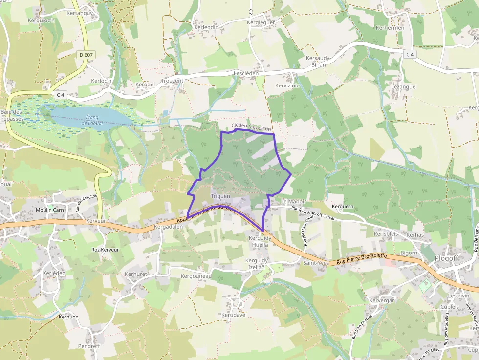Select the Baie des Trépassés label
[x=13, y=115]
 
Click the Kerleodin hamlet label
[x=206, y=27]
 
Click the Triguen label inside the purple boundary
[x=220, y=196]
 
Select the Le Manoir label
[x=293, y=201]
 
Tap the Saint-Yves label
[x=316, y=263]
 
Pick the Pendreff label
[x=88, y=346]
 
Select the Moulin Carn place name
[x=50, y=210]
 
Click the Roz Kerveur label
[x=105, y=249]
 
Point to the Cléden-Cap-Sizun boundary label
[x=251, y=127]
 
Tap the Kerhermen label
[x=390, y=28]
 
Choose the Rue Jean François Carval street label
[x=312, y=213]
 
